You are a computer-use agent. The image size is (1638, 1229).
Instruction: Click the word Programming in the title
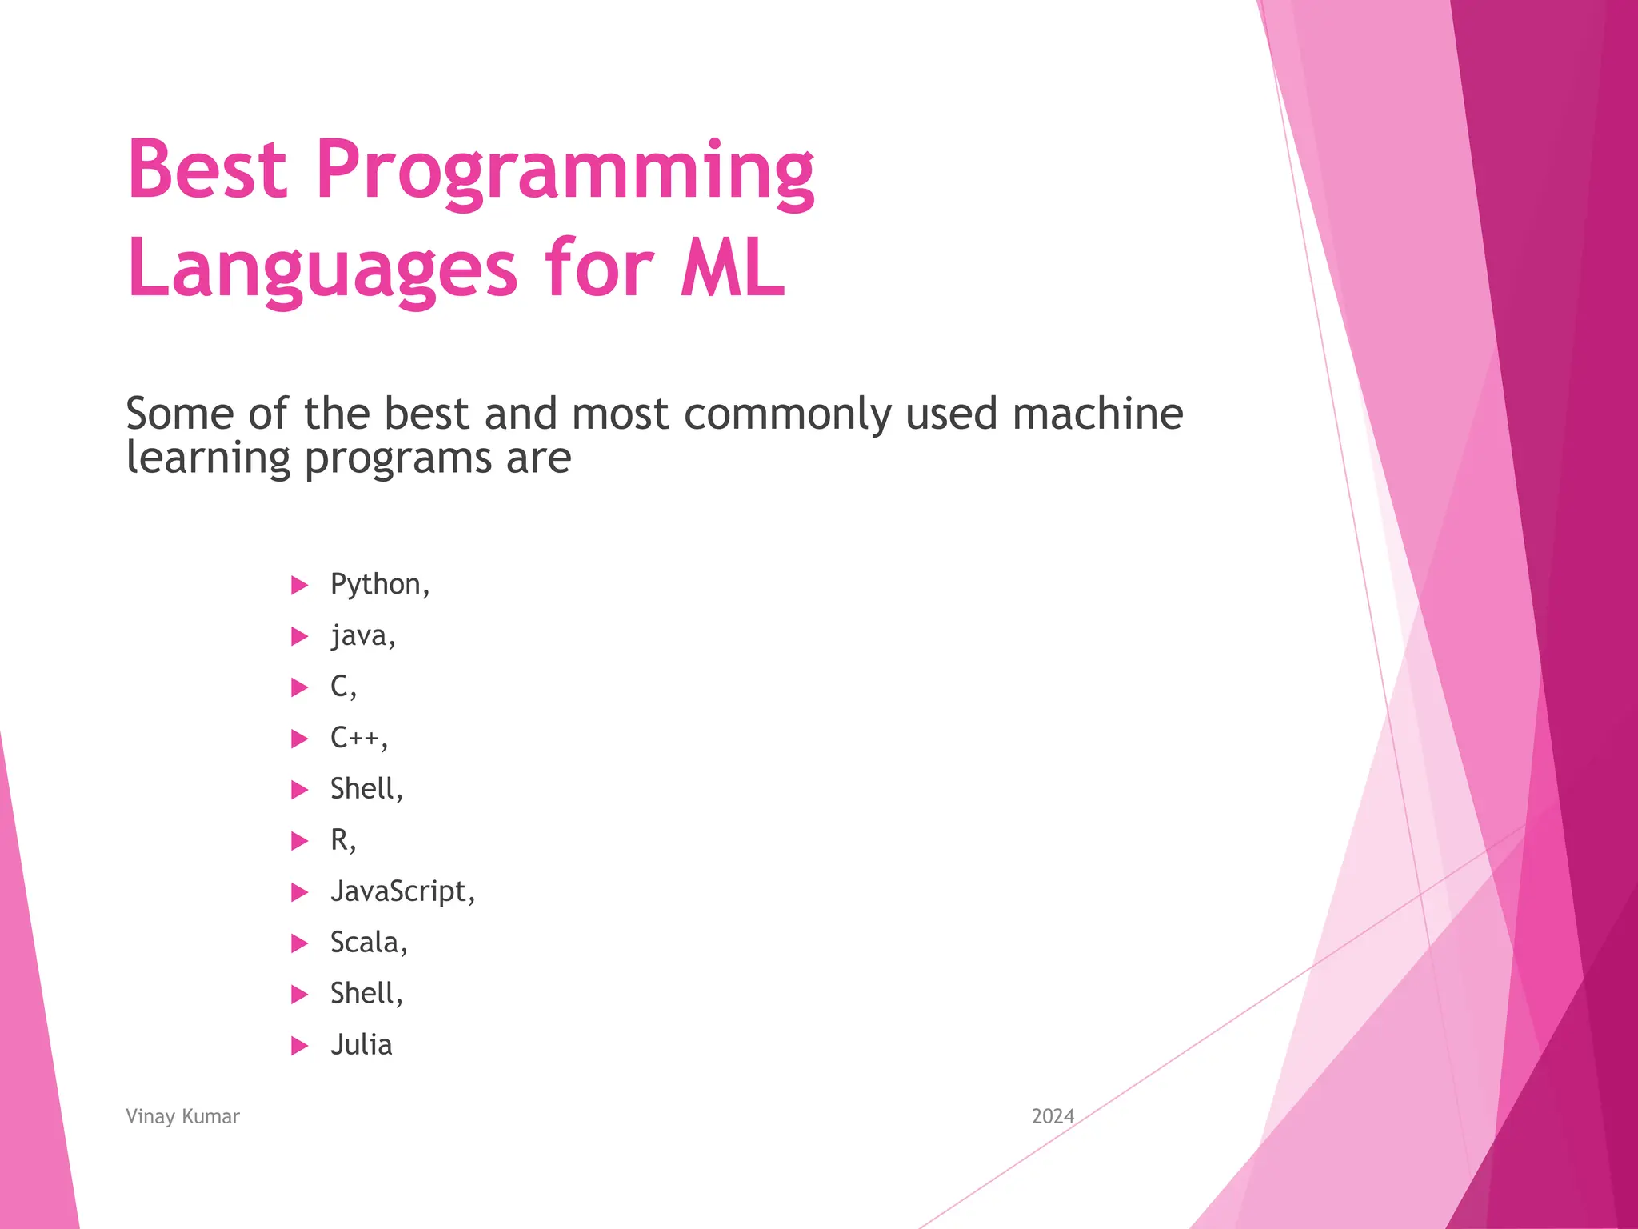pos(565,172)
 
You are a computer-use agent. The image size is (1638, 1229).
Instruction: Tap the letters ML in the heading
pos(732,269)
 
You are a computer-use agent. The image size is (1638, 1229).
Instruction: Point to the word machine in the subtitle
pos(1097,414)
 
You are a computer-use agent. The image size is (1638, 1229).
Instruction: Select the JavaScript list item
pos(402,891)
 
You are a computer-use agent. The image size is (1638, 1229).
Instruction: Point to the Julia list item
pos(362,1045)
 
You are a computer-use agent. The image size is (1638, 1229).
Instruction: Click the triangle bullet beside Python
pos(299,586)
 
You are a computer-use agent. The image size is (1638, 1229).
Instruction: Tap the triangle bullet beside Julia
pos(299,1046)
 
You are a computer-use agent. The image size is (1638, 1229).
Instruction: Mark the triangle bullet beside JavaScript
pos(299,892)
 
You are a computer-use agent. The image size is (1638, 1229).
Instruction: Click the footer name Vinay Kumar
pos(182,1116)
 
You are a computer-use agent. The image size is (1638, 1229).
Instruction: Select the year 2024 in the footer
pos(1053,1116)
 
